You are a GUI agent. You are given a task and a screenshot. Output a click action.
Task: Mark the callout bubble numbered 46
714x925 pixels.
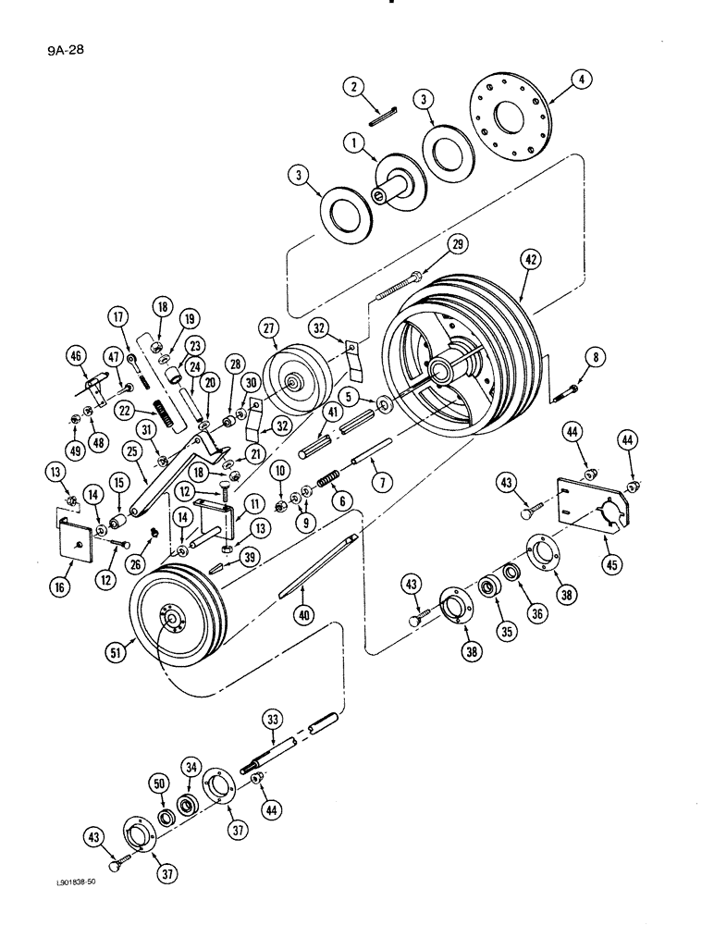pos(75,352)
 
